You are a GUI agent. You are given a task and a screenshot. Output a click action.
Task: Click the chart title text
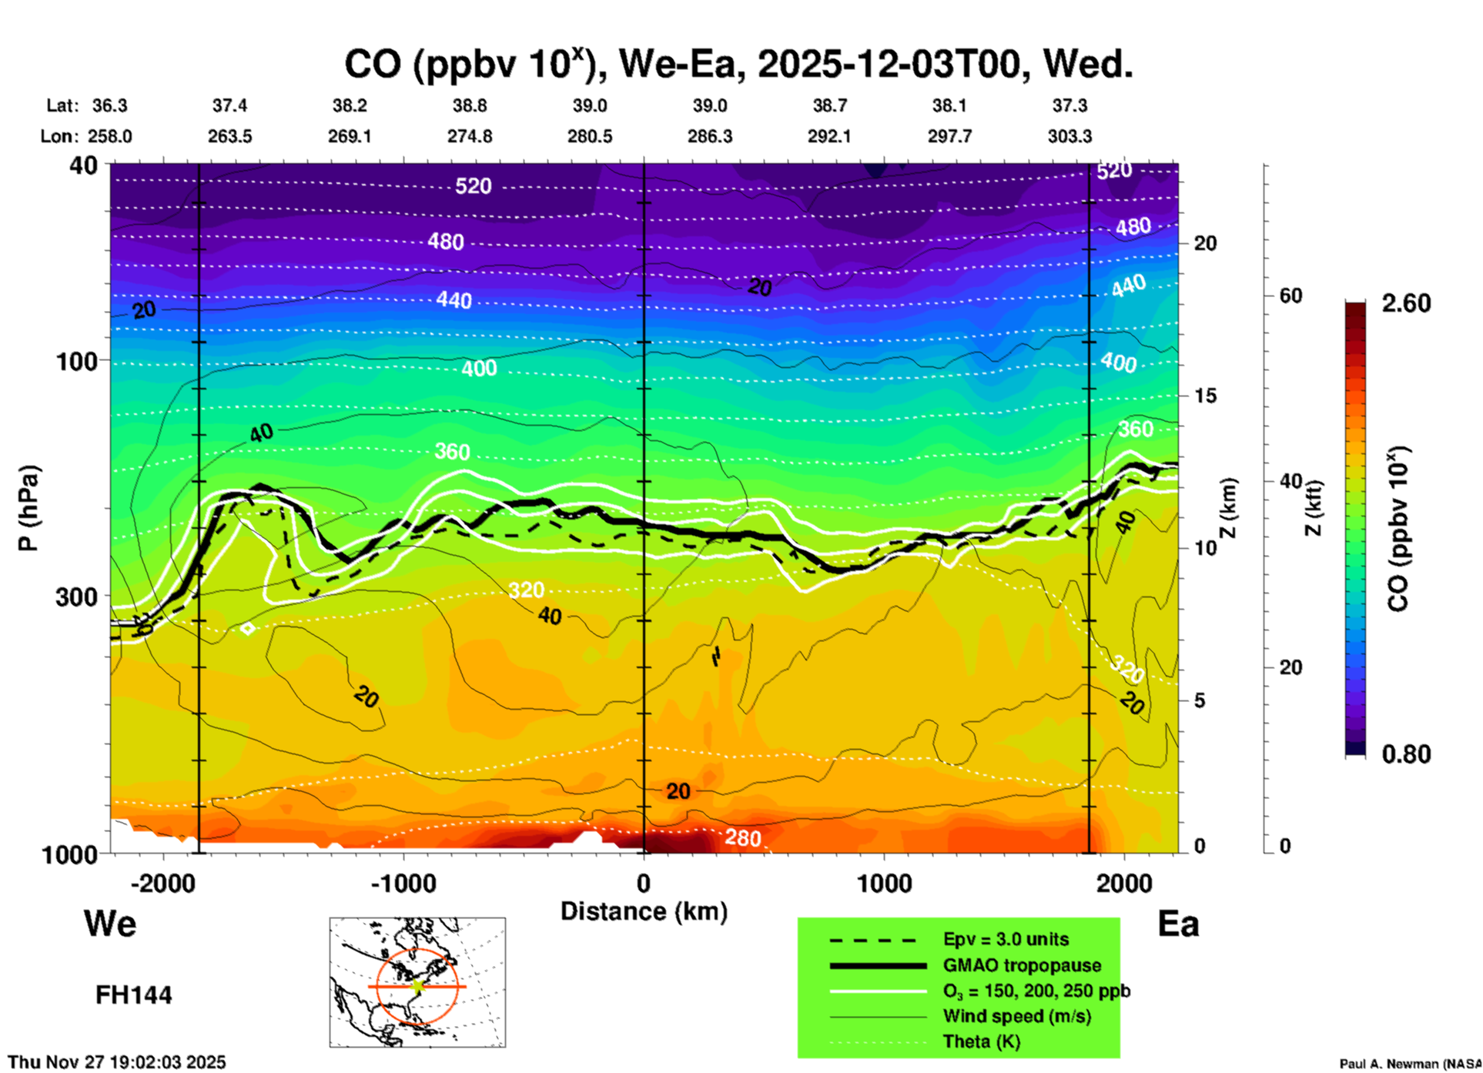point(738,65)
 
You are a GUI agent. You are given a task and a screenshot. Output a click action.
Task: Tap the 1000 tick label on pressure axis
point(76,854)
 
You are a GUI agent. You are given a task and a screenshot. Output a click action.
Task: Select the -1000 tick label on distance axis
point(403,883)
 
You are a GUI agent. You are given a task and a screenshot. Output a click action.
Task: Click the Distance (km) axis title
point(644,911)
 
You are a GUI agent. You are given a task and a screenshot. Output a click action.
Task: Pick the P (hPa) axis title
point(28,508)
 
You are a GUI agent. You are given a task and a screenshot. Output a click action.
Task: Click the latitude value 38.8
point(470,105)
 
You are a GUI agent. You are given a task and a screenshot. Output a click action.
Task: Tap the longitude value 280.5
point(590,136)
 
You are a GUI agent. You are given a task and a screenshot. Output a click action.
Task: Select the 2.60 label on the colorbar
point(1406,303)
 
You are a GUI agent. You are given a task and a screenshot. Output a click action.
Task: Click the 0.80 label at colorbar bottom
point(1406,754)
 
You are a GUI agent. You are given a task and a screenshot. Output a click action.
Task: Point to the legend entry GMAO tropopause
point(1022,965)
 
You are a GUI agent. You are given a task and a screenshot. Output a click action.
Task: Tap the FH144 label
point(133,995)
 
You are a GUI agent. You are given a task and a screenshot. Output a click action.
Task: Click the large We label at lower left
point(110,923)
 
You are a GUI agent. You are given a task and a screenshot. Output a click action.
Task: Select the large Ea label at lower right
point(1178,924)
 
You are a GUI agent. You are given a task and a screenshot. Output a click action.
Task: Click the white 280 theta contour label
point(742,837)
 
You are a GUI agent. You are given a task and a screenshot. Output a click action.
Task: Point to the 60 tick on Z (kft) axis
point(1291,296)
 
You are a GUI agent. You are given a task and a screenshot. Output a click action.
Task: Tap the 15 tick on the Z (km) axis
point(1205,396)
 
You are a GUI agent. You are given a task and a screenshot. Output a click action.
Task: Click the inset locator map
point(417,981)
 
